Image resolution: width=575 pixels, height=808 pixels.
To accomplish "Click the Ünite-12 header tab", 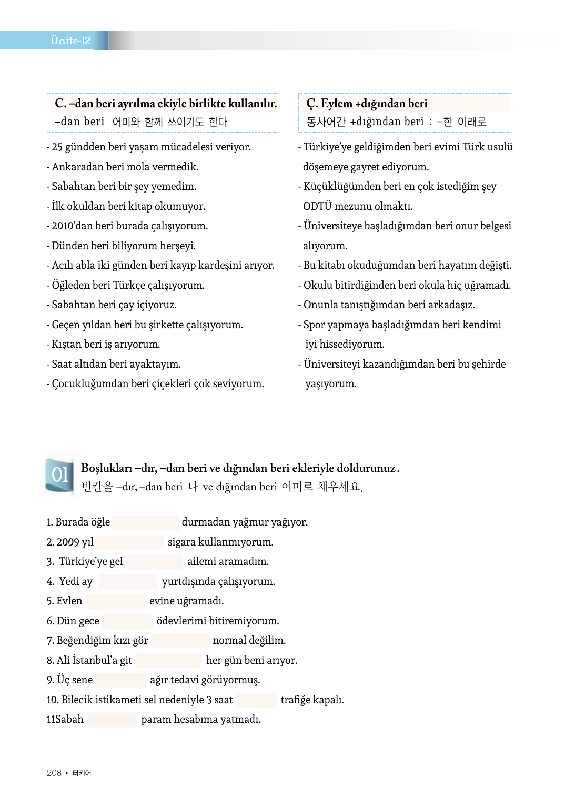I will click(x=70, y=41).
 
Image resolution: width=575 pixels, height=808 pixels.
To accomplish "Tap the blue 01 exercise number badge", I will click(x=60, y=475).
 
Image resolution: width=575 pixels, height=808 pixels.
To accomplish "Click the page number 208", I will click(x=54, y=773).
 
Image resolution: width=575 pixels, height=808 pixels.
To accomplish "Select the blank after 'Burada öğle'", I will click(x=146, y=522).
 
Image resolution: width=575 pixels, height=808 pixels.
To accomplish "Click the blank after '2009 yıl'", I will click(x=130, y=542).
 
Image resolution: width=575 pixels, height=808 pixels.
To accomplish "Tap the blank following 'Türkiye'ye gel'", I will click(x=154, y=562).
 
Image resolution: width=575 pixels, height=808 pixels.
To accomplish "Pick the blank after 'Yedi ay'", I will click(x=128, y=581).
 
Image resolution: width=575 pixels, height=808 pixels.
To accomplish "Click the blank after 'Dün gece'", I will click(x=127, y=621).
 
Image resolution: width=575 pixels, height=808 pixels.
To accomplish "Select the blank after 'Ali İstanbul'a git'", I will click(x=168, y=660).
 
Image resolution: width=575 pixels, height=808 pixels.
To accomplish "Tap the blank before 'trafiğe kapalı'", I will click(x=256, y=700).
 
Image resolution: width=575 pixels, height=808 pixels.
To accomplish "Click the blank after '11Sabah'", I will click(x=112, y=720).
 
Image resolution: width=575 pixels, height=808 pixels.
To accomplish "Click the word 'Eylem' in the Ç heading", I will click(x=336, y=103).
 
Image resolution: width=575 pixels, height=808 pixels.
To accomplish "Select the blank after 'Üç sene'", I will click(x=121, y=680).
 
